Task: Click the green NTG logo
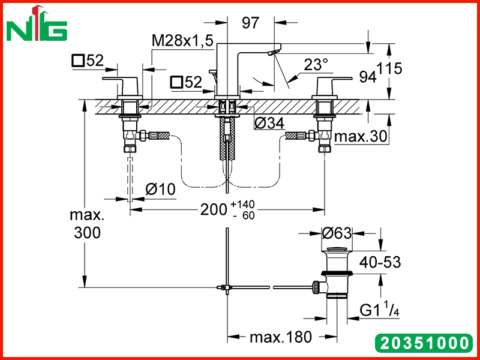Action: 37,24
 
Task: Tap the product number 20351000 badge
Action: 424,343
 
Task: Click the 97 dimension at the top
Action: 251,23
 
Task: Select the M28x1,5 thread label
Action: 182,40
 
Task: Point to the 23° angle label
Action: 316,65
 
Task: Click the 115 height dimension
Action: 389,68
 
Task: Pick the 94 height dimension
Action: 368,77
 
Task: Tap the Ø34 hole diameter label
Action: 269,123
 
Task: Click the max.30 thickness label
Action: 361,137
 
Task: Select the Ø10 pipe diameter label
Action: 160,189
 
